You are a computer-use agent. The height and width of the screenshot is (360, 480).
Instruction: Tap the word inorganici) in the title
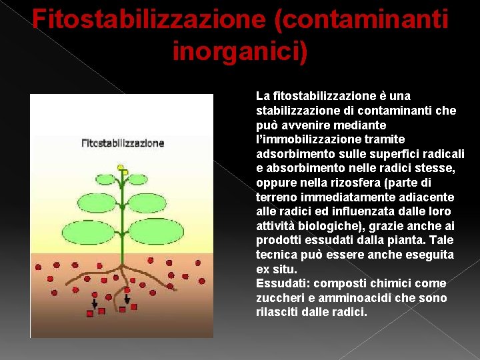coord(240,50)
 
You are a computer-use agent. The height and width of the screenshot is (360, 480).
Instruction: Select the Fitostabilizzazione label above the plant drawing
coord(123,143)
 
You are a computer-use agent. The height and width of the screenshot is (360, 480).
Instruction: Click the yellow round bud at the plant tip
coord(120,167)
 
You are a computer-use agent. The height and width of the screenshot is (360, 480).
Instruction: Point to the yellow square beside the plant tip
coord(125,172)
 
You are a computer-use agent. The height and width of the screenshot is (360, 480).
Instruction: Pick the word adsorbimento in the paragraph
coord(289,154)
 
